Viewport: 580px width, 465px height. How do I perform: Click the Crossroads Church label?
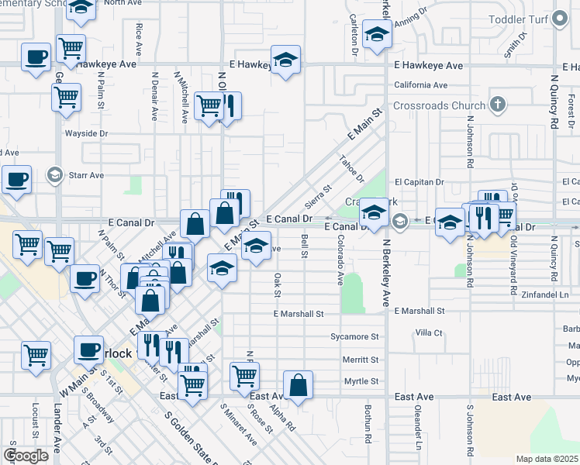439,105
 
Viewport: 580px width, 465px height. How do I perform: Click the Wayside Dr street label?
86,133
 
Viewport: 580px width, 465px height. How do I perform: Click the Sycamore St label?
354,337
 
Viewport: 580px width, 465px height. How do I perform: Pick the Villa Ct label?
428,332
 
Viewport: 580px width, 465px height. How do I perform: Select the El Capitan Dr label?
419,182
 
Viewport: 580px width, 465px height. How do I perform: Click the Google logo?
26,456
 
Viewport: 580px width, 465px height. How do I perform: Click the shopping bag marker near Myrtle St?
299,384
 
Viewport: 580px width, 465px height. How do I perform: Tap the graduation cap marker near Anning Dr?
377,35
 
